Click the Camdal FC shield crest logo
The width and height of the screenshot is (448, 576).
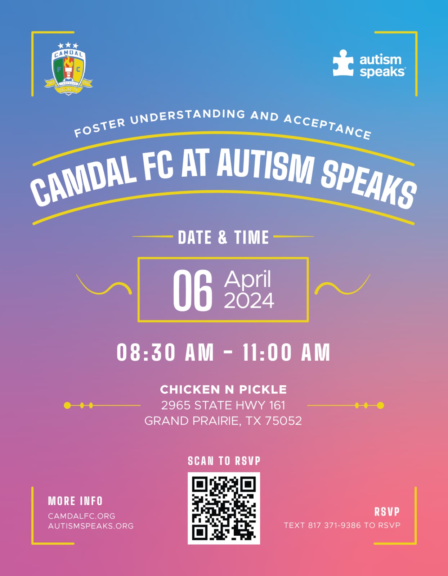(68, 69)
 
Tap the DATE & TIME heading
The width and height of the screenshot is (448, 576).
(223, 237)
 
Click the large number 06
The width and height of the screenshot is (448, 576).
(193, 290)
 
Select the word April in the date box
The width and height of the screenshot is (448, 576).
(248, 279)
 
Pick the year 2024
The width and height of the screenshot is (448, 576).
(249, 301)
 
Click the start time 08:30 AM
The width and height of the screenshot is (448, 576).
(165, 352)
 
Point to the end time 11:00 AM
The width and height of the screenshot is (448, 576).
(286, 352)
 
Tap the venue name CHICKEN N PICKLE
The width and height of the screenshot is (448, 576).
(223, 390)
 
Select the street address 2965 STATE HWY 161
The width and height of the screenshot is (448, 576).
(223, 405)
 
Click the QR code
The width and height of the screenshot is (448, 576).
(224, 508)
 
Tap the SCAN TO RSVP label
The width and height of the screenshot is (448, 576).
(224, 461)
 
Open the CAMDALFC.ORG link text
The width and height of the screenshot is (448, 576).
(82, 516)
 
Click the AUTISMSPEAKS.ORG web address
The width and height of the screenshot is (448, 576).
(91, 526)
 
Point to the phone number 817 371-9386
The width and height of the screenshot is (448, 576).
(334, 525)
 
